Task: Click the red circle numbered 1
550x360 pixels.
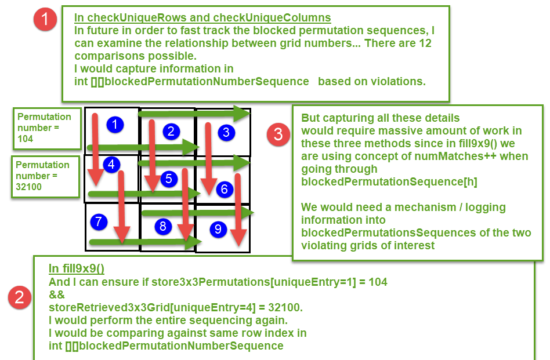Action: (45, 20)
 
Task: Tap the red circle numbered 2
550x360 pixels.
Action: (20, 297)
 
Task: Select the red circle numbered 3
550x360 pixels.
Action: (278, 134)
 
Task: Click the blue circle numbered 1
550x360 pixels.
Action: (116, 124)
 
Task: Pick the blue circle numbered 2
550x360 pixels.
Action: (171, 131)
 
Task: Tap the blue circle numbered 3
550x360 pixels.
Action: (226, 132)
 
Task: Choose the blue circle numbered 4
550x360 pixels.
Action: (111, 165)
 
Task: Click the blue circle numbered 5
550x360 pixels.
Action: (168, 179)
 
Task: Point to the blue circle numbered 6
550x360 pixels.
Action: (225, 189)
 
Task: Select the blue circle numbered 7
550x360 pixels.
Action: (99, 221)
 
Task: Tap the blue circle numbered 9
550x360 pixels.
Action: (218, 229)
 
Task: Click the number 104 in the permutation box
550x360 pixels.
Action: (26, 139)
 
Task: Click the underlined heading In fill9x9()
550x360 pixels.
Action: (76, 268)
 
